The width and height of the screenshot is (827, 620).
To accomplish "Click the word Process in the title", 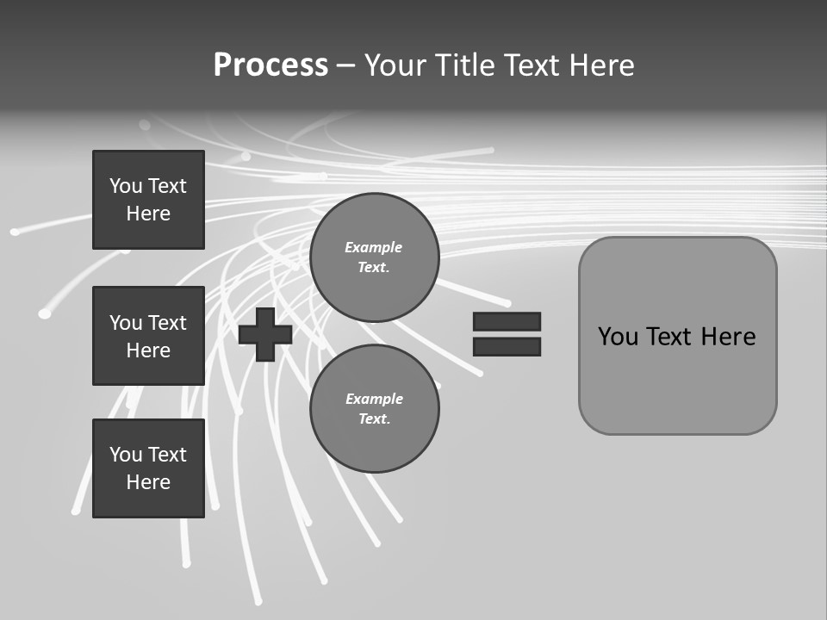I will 270,65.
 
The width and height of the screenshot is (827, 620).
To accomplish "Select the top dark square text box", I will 148,200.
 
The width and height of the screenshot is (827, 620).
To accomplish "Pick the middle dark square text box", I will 148,336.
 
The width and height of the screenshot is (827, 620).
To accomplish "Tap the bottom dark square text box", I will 148,468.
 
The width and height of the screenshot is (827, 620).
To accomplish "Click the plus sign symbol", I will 265,334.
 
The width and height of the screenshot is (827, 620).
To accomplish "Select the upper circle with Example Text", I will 375,257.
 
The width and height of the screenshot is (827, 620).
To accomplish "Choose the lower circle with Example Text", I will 375,408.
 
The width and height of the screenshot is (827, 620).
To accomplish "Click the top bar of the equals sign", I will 507,321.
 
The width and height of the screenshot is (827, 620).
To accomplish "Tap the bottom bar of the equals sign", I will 507,346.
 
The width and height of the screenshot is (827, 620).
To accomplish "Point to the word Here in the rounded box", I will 728,337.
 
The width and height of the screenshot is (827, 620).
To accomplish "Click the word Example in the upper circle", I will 373,247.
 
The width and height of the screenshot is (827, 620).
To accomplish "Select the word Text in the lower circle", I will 373,419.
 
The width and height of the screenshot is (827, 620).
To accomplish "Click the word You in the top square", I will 125,186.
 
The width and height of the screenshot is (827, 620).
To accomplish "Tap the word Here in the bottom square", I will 148,482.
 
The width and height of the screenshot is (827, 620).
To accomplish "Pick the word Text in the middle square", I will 166,323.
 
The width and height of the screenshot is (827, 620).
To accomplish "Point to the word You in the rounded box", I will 619,337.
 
